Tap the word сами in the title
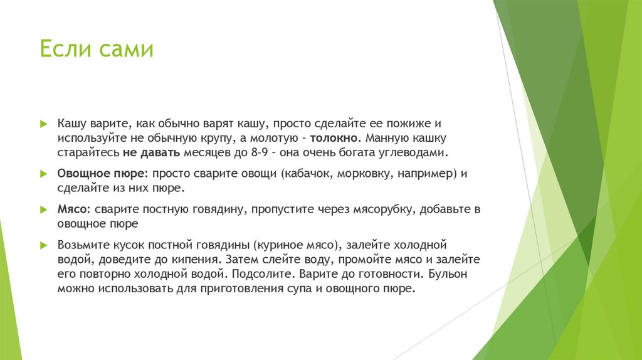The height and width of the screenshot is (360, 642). [x=125, y=49]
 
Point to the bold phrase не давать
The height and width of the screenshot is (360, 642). [x=152, y=152]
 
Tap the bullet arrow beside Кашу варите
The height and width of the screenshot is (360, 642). [x=43, y=124]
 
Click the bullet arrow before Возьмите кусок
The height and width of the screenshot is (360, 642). [x=43, y=245]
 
